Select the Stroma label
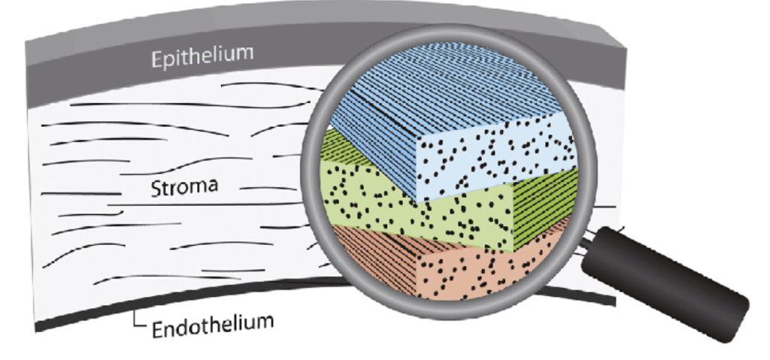184,187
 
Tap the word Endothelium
212,325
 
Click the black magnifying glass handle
665,284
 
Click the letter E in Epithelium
156,59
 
